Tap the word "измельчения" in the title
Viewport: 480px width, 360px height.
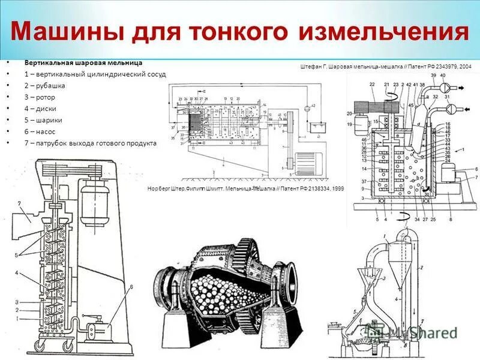point(383,31)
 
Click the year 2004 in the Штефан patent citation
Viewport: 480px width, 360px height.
point(464,67)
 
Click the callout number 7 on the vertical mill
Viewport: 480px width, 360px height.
point(19,205)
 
